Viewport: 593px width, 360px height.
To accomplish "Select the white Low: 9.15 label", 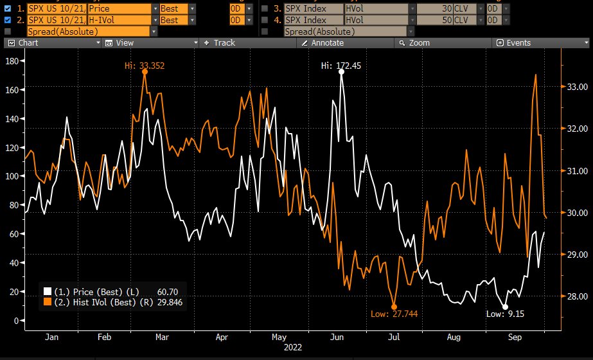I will pos(505,314).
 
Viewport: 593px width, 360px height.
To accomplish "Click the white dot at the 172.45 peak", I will pos(341,72).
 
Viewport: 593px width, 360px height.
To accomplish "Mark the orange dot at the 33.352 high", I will pos(145,72).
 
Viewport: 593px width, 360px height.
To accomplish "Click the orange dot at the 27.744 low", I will pos(394,307).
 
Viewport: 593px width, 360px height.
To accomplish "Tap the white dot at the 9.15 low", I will pos(505,307).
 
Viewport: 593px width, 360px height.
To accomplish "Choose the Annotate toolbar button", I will pos(327,43).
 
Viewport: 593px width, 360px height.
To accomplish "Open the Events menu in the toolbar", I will pos(518,43).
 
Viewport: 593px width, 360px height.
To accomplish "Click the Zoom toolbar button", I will pos(419,43).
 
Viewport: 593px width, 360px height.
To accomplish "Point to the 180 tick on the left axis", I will pos(10,60).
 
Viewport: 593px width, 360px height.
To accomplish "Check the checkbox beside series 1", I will pos(8,9).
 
